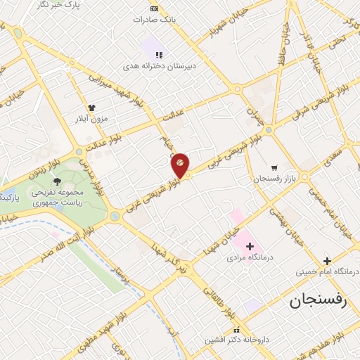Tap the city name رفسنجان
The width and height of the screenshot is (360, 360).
pos(319,301)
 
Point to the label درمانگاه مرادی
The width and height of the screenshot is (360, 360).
pos(246,257)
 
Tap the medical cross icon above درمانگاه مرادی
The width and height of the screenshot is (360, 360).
pos(250,246)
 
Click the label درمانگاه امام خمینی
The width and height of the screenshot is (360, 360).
pos(333,271)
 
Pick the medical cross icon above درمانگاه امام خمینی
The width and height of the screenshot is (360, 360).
pos(327,260)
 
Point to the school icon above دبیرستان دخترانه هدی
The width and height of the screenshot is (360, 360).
pos(160,54)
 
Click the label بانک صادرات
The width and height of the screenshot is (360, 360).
pos(154,19)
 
